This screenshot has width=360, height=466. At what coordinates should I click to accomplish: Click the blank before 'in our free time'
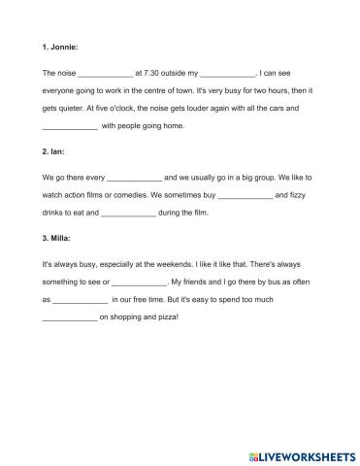click(x=80, y=300)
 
